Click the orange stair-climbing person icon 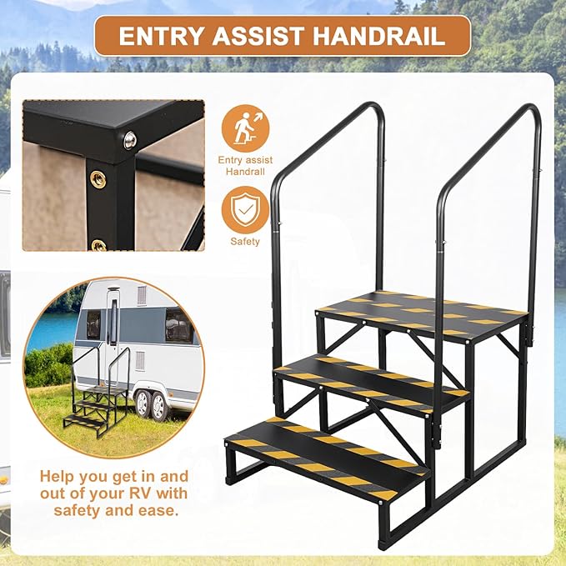245,128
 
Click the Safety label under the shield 245,243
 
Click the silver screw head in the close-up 129,141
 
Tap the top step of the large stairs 421,312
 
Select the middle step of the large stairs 371,379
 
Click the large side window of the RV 179,325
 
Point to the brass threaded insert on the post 98,178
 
